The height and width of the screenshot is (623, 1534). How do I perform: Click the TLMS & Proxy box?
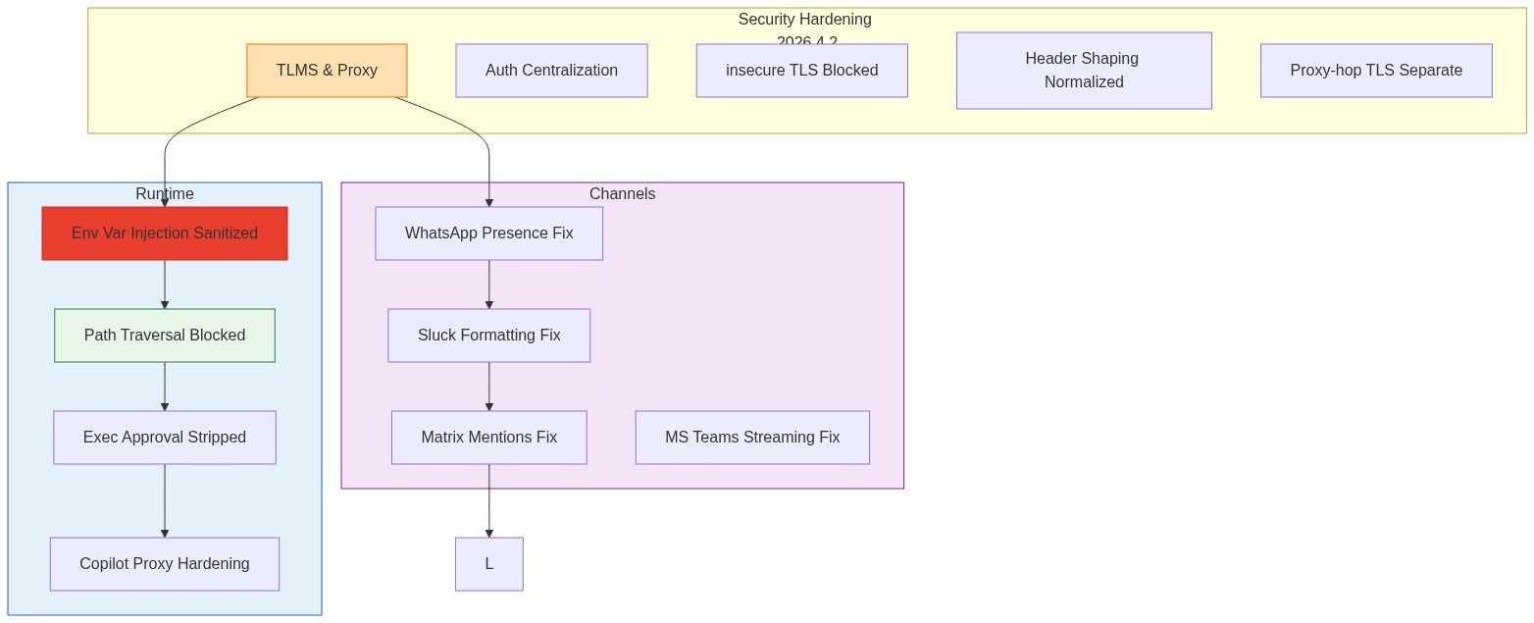pyautogui.click(x=327, y=71)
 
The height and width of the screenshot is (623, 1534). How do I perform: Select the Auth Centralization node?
pyautogui.click(x=551, y=71)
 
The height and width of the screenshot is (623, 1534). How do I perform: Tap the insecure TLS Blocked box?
pyautogui.click(x=801, y=71)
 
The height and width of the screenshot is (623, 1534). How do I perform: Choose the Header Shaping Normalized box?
pyautogui.click(x=1084, y=71)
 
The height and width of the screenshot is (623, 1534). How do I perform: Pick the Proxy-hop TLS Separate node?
pyautogui.click(x=1376, y=71)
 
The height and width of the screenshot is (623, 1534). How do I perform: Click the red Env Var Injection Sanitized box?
pyautogui.click(x=165, y=234)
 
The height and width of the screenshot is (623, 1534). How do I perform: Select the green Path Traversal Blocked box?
pyautogui.click(x=165, y=336)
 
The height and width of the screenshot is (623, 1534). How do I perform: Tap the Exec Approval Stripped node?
pyautogui.click(x=165, y=438)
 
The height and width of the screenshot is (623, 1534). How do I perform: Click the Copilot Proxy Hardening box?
pyautogui.click(x=165, y=564)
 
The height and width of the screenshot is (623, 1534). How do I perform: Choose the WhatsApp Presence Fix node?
pyautogui.click(x=488, y=234)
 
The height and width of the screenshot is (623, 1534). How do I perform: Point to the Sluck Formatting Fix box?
pyautogui.click(x=488, y=336)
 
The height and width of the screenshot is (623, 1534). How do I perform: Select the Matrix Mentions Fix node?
pyautogui.click(x=488, y=438)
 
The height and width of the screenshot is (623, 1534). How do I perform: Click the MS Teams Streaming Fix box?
pyautogui.click(x=752, y=438)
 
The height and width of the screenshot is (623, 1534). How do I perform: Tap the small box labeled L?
pyautogui.click(x=488, y=564)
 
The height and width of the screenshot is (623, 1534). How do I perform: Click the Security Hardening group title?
pyautogui.click(x=804, y=20)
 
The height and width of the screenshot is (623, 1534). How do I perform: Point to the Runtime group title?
pyautogui.click(x=165, y=194)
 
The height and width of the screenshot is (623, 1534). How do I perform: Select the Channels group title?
pyautogui.click(x=622, y=194)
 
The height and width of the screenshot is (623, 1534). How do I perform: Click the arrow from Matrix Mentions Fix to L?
pyautogui.click(x=488, y=500)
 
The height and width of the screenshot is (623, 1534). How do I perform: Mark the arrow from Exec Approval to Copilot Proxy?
pyautogui.click(x=165, y=500)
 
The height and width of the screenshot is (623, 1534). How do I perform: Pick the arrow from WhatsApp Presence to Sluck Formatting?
pyautogui.click(x=488, y=285)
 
